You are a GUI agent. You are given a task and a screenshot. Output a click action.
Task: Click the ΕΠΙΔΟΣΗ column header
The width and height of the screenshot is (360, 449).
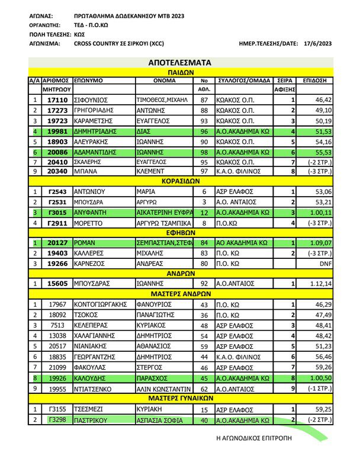point(316,79)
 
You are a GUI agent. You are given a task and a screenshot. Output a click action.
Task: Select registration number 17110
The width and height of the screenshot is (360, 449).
point(57,100)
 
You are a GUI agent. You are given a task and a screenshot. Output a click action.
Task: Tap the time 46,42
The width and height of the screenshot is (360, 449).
point(323,100)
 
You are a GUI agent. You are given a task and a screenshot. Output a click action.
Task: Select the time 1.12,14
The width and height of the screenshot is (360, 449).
point(320,284)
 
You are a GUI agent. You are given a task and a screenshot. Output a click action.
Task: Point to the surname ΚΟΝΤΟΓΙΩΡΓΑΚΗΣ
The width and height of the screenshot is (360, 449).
point(101,304)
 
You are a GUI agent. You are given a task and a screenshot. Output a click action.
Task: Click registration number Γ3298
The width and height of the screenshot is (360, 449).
point(57,421)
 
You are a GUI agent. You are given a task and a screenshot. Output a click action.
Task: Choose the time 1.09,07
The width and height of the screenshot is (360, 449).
point(320,243)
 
